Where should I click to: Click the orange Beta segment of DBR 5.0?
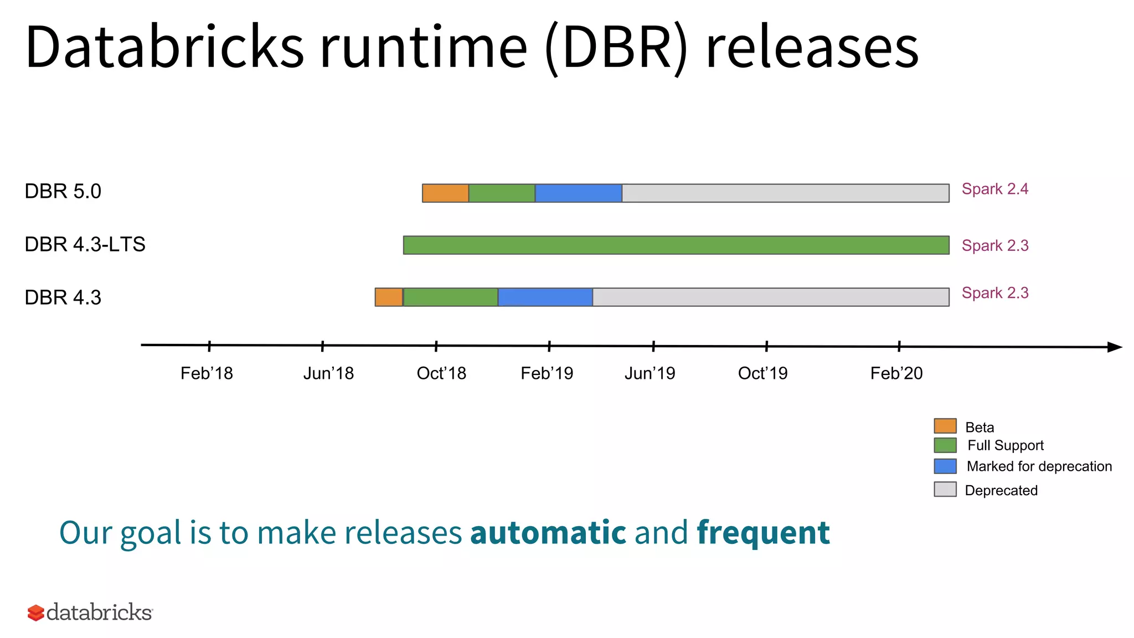coord(445,193)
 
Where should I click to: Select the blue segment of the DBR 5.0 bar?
coord(578,193)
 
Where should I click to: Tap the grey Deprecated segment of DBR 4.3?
coord(770,297)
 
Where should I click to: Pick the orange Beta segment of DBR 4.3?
coord(389,297)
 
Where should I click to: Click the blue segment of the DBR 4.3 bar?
coord(545,297)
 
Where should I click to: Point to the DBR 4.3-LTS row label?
coord(85,244)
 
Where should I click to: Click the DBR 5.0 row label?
coord(63,192)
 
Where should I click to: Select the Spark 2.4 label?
coord(994,189)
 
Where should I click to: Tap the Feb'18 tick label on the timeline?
coord(207,373)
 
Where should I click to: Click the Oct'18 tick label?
coord(441,373)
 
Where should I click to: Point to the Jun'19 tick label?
coord(650,373)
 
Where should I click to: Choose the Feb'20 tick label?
coord(896,373)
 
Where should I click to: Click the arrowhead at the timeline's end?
coord(1114,347)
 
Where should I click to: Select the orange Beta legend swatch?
coord(945,426)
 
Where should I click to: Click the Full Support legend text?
coord(1005,445)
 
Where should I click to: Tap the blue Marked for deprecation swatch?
coord(945,466)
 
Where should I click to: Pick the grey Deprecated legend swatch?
coord(945,490)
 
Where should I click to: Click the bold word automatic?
coord(548,533)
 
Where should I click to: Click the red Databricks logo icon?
coord(35,613)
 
